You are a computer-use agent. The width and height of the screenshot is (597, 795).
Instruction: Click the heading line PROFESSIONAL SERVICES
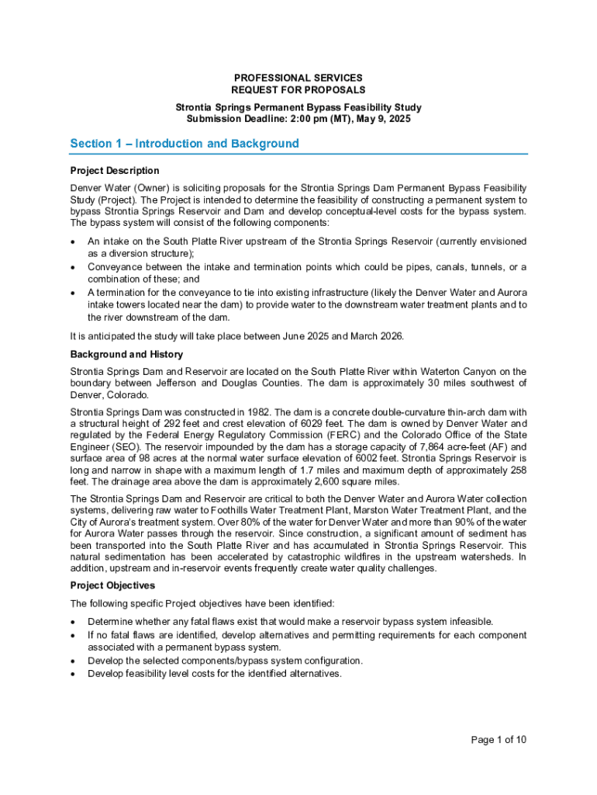point(298,78)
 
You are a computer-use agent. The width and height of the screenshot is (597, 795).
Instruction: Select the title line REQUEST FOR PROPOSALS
point(298,90)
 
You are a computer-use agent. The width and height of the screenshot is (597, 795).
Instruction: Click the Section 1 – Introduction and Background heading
point(185,144)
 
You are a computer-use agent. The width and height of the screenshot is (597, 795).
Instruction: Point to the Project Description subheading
point(115,171)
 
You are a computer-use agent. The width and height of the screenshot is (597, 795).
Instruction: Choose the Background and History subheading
point(126,354)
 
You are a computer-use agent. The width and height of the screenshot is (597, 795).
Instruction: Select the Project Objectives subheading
point(112,585)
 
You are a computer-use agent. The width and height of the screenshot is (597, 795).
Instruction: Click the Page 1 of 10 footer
point(499,740)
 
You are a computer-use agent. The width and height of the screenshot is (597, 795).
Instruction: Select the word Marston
point(392,510)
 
